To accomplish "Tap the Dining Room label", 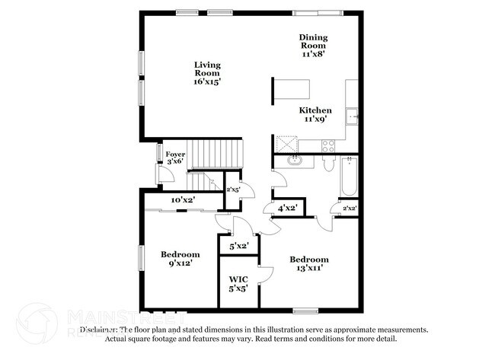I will (313, 45).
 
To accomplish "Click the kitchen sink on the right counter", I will (352, 116).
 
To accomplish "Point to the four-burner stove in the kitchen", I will (328, 144).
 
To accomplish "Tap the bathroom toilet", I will (328, 163).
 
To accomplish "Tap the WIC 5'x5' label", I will (238, 284).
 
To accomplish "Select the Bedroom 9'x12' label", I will (180, 258).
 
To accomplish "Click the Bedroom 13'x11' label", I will (308, 263).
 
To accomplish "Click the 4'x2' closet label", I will (288, 207).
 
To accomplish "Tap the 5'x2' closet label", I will (238, 245).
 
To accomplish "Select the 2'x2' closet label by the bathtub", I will (350, 208).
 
